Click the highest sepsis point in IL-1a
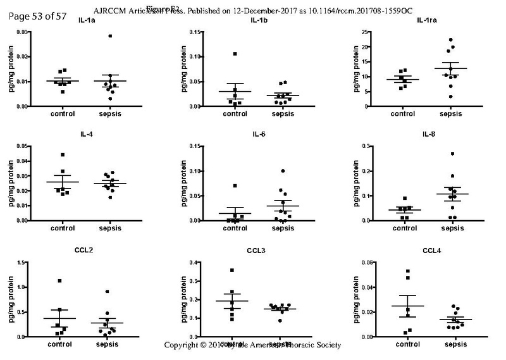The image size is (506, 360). point(110,36)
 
